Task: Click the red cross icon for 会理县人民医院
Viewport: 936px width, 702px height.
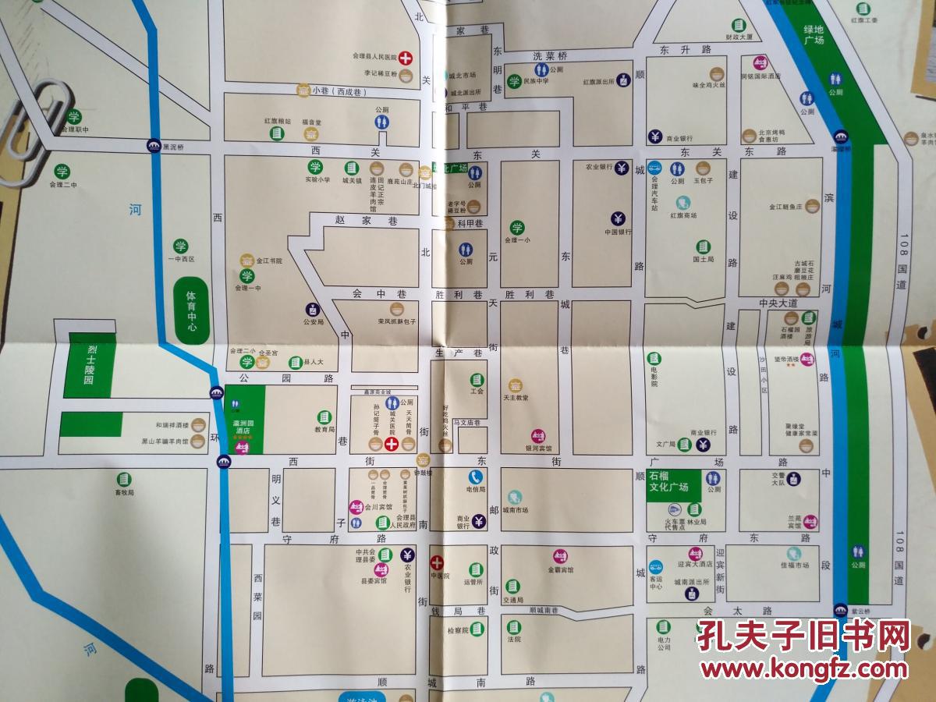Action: click(x=406, y=58)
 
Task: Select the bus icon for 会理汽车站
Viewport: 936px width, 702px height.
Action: click(x=654, y=168)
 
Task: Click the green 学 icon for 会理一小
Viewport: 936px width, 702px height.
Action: click(x=516, y=227)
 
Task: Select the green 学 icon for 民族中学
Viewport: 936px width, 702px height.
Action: click(x=514, y=81)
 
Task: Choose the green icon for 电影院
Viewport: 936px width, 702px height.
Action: click(x=654, y=358)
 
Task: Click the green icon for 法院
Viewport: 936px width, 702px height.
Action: click(x=513, y=627)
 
